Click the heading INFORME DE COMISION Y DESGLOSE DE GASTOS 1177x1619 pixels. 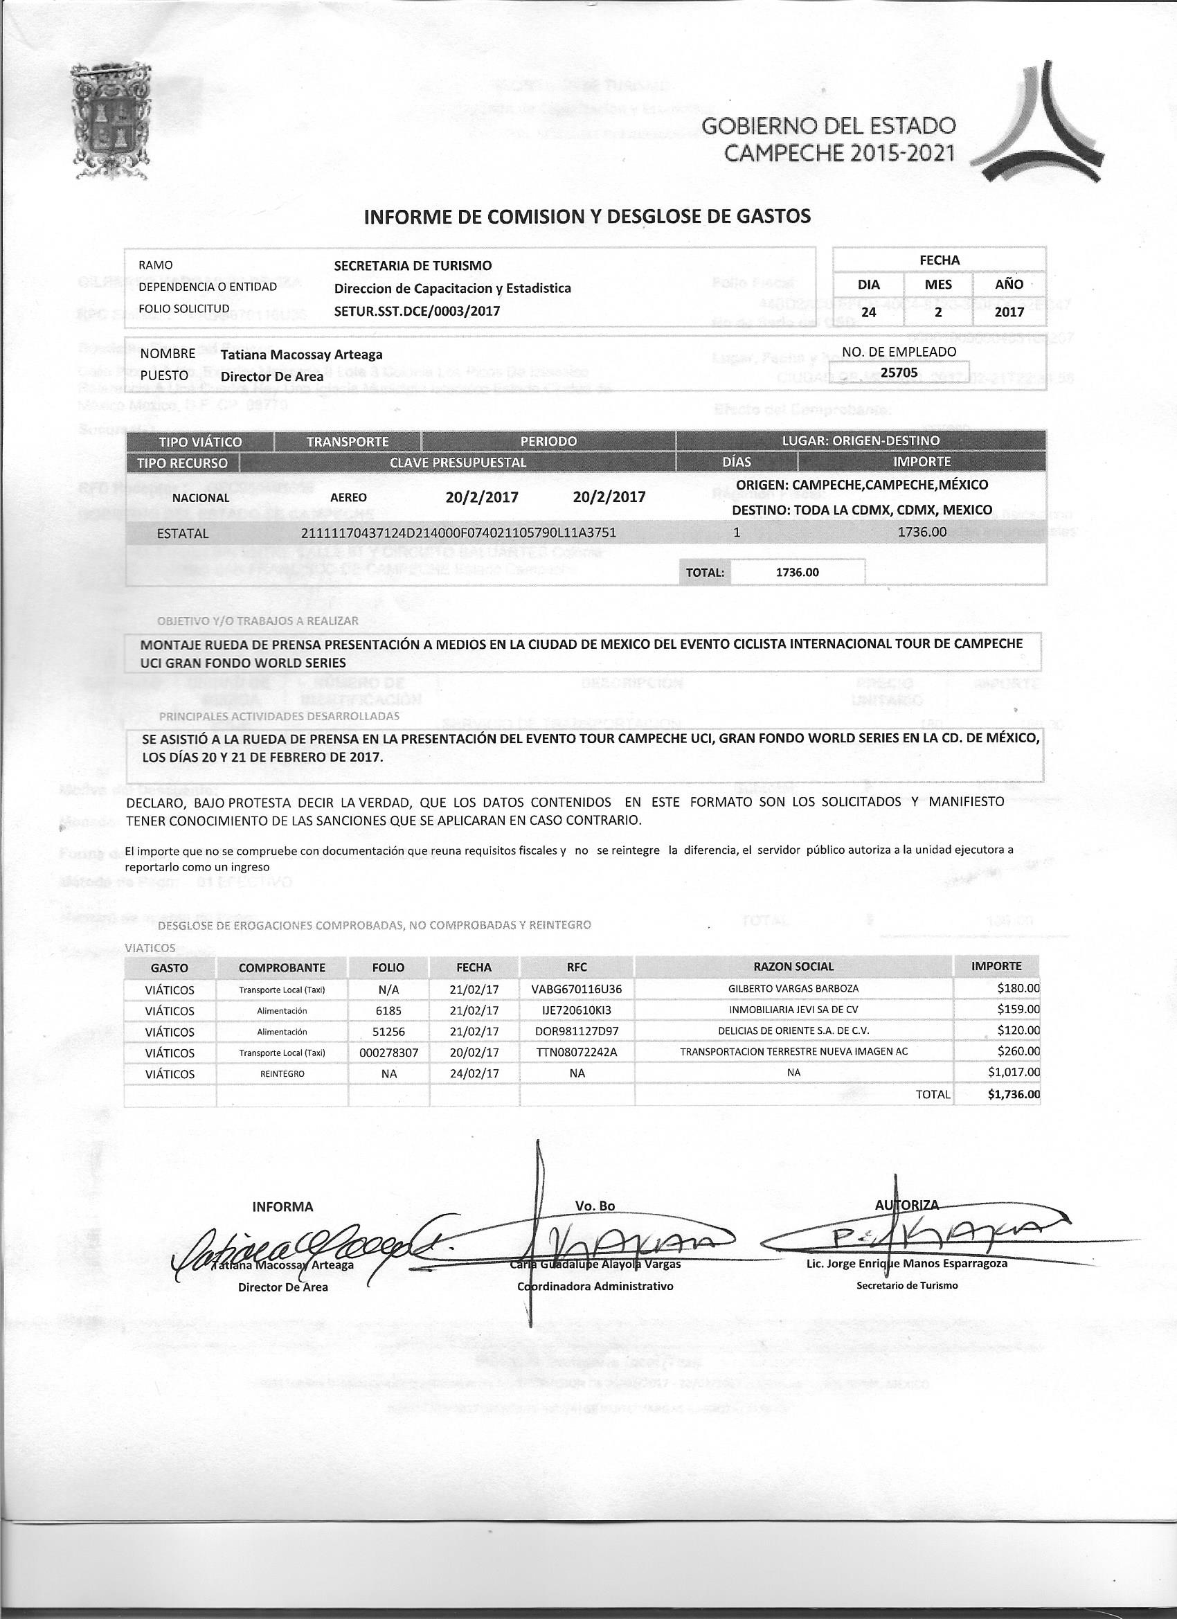(586, 216)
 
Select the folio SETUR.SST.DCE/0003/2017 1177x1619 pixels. (417, 311)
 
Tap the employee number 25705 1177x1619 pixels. (899, 372)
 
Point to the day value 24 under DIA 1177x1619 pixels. (868, 312)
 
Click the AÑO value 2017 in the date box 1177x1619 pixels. (1009, 312)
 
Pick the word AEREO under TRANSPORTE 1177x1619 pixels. (348, 498)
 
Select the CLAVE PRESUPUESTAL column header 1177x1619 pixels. (458, 463)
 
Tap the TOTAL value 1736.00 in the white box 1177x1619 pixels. (798, 573)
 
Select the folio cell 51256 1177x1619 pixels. (388, 1032)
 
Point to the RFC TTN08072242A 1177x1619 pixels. (577, 1052)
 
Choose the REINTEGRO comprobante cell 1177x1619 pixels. (282, 1073)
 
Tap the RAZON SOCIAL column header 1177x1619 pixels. (793, 967)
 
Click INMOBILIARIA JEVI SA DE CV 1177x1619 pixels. (793, 1010)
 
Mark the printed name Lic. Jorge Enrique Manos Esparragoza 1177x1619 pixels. (906, 1264)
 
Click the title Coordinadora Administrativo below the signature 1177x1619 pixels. (595, 1287)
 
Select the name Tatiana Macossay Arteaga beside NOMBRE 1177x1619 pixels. (301, 355)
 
